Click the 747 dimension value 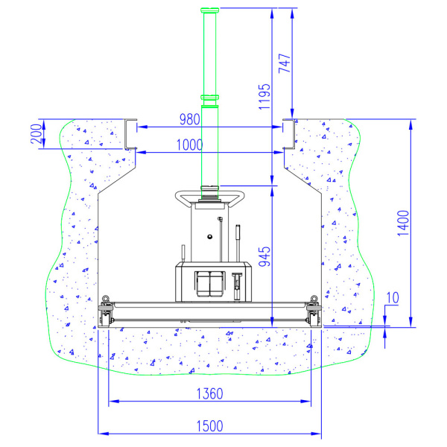[x=285, y=63]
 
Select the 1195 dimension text [x=264, y=97]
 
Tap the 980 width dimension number [x=189, y=119]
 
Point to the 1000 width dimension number [x=189, y=145]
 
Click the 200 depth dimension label [x=37, y=133]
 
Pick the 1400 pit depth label [x=403, y=223]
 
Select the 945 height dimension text [x=264, y=256]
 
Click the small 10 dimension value [x=393, y=297]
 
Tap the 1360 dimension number [x=209, y=393]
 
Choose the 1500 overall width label [x=209, y=426]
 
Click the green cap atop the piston [x=210, y=10]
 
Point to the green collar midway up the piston [x=210, y=98]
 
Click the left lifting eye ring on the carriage [x=106, y=299]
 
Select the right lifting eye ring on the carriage [x=314, y=299]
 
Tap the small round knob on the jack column [x=210, y=236]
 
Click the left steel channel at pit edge [x=130, y=134]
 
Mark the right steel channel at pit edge [x=288, y=134]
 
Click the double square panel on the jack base [x=209, y=284]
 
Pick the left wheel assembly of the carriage [x=106, y=315]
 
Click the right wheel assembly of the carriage [x=314, y=315]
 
